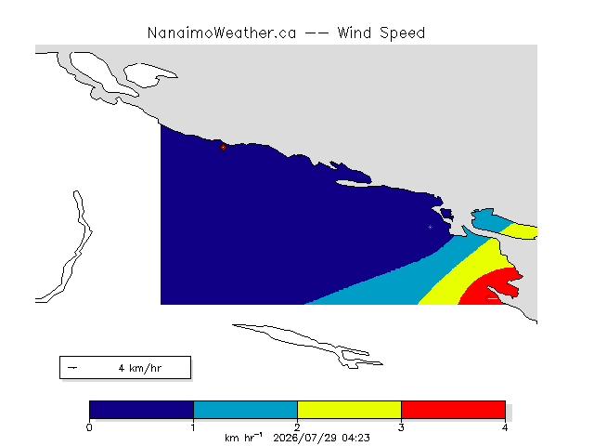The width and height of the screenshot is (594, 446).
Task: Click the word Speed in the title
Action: click(x=402, y=33)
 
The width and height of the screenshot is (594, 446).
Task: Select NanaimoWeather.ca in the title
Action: click(x=222, y=33)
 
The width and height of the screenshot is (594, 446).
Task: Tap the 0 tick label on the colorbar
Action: click(x=89, y=427)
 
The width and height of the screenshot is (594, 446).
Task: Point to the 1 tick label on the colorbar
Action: click(x=193, y=427)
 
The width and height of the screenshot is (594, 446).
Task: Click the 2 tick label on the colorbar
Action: click(x=297, y=427)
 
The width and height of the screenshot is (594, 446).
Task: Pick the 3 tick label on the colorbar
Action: click(x=401, y=427)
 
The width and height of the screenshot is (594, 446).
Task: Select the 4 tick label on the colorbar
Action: click(x=505, y=427)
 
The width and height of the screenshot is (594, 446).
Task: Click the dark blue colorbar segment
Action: click(x=141, y=410)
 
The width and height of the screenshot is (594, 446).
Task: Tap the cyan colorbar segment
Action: click(x=245, y=410)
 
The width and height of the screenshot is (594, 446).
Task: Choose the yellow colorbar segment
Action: click(x=349, y=410)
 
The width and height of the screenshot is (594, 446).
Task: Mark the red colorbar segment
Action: click(x=453, y=410)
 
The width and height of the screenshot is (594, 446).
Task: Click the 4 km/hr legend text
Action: click(x=140, y=368)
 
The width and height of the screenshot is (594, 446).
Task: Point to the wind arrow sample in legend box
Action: click(x=72, y=368)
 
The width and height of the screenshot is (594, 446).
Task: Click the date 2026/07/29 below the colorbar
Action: click(x=306, y=438)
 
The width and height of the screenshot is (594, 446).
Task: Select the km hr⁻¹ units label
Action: click(x=243, y=438)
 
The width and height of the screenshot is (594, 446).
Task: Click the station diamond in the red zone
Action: click(x=488, y=299)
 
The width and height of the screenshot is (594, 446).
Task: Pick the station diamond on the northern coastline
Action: click(x=223, y=147)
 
